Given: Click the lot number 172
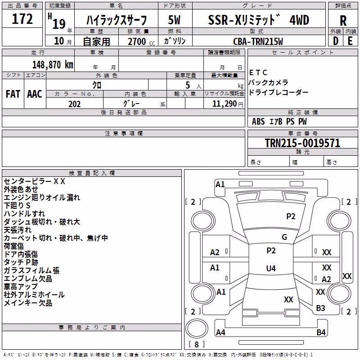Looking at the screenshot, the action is coord(22,19).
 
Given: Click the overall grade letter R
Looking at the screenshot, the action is coord(343,21).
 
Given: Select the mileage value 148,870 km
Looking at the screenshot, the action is coord(53,65).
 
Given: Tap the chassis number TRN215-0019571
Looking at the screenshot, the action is coord(302,143).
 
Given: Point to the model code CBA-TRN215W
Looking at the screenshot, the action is coord(258,41).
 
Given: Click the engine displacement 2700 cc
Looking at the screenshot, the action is coord(141,41).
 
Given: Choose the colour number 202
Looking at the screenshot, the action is coord(74,104).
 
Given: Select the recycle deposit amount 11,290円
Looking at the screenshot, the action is coord(228,104).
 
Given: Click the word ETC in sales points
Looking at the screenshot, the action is coord(258,72).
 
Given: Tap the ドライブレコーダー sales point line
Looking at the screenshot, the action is coord(279,92).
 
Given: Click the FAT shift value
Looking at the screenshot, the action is coord(13,94).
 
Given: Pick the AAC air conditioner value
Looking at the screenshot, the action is coord(35,94).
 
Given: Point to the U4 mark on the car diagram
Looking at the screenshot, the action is coord(271,268).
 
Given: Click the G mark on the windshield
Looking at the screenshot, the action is coord(284,237).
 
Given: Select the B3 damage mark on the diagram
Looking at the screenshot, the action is coord(320,308).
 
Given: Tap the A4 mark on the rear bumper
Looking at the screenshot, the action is coord(220,332).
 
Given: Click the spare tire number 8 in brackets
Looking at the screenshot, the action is coord(197,344).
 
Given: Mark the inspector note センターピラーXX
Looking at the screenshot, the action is coord(35,181).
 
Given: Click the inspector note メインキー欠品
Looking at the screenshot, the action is coord(28,303).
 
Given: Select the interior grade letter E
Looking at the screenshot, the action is coord(350,41).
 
